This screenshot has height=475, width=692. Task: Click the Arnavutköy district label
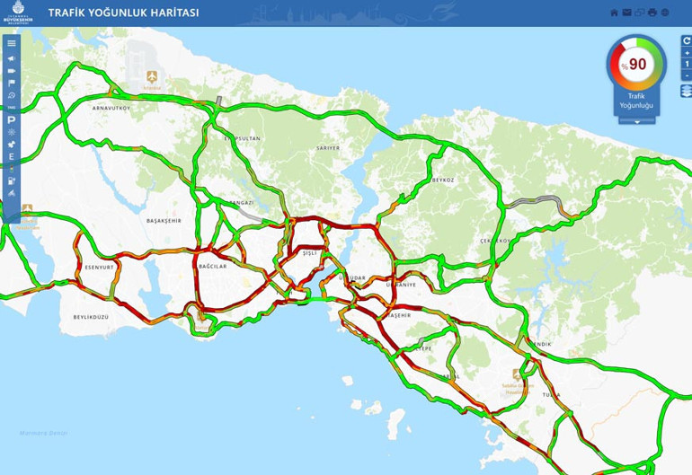tap(111, 108)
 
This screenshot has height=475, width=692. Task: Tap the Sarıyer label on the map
tap(328, 147)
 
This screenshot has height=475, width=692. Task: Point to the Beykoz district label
tap(444, 180)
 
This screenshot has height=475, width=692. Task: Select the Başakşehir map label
tap(164, 220)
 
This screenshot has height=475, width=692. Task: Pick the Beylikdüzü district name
tap(91, 317)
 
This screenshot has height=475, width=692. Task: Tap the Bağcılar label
tap(212, 267)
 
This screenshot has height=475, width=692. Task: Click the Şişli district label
tap(310, 253)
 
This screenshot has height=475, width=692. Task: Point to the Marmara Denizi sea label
tap(44, 432)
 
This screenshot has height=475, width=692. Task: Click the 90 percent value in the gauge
tap(637, 65)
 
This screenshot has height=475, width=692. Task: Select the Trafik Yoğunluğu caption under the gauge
tap(636, 101)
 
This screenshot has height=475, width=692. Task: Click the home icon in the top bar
tap(615, 13)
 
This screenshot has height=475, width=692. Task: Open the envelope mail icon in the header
tap(627, 13)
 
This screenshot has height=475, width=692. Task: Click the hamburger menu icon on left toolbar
tap(12, 43)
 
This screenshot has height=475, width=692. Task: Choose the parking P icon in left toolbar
tap(12, 119)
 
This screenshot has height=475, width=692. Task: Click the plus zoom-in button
tap(687, 53)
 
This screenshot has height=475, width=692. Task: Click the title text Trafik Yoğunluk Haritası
tap(123, 13)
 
